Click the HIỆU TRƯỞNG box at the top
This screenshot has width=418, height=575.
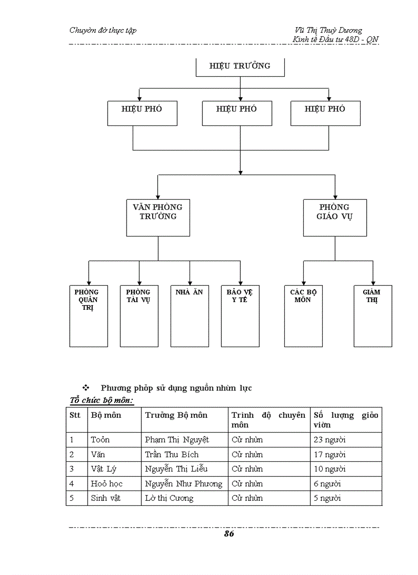(240, 67)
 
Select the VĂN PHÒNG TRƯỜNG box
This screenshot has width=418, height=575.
(158, 217)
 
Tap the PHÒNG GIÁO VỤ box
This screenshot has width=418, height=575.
(335, 217)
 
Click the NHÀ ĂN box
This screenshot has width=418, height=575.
(190, 315)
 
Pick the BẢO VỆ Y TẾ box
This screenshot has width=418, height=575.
(240, 315)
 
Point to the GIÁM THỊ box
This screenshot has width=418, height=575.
(372, 315)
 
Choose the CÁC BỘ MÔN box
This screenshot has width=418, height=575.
(303, 315)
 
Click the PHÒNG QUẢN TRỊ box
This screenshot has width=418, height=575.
(89, 315)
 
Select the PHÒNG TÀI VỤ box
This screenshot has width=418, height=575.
(139, 315)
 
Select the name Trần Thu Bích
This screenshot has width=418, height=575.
(172, 455)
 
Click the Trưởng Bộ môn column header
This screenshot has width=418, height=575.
(176, 415)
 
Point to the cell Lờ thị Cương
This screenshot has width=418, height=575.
(169, 498)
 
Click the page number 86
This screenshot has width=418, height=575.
(228, 534)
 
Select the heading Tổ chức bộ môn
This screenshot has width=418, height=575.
(101, 400)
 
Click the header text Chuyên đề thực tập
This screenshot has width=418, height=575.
(103, 30)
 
